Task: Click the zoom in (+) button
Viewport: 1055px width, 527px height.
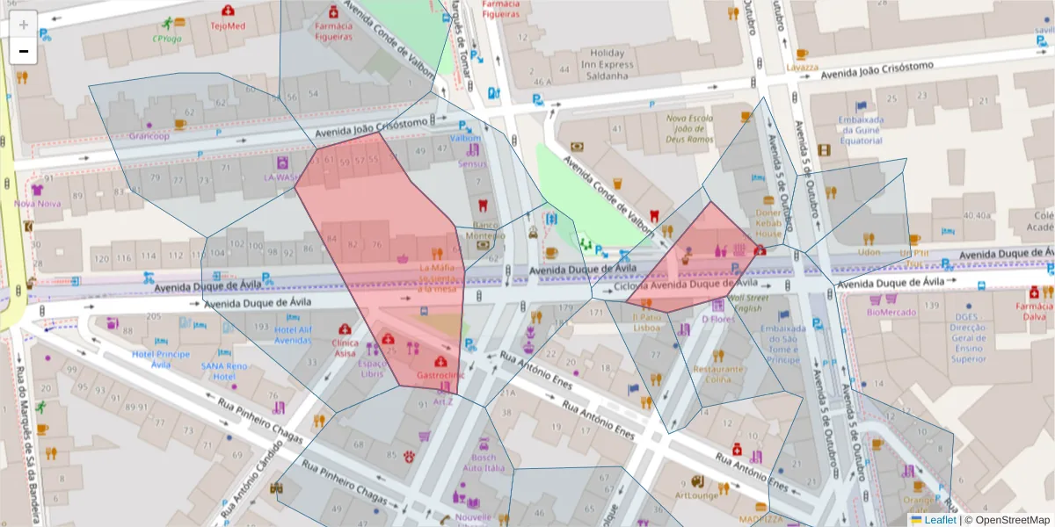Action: click(24, 25)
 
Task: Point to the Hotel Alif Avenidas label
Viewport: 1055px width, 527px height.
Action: click(294, 335)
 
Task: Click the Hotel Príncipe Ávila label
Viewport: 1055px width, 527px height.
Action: click(161, 359)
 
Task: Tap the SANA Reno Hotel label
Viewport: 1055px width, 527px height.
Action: click(223, 371)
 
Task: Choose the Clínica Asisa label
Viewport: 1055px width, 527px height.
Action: click(345, 348)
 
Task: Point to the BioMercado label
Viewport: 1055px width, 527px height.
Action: click(891, 312)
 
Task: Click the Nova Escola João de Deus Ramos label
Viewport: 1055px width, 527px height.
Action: click(689, 128)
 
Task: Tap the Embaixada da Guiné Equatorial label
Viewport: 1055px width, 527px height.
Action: click(860, 130)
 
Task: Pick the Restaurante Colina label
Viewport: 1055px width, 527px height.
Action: click(718, 374)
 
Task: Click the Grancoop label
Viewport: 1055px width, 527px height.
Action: click(149, 136)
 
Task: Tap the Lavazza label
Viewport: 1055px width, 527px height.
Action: click(802, 67)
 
